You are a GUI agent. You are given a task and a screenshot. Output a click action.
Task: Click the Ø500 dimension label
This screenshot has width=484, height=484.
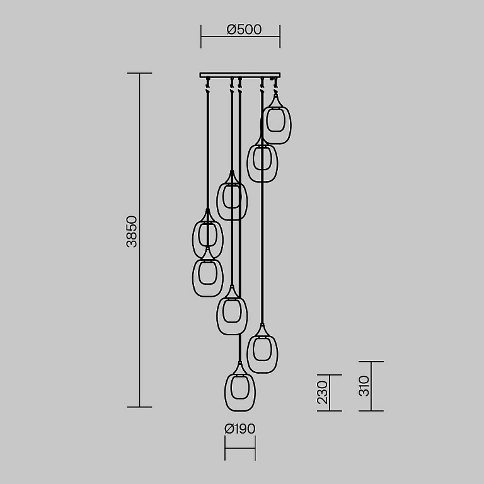[244, 30]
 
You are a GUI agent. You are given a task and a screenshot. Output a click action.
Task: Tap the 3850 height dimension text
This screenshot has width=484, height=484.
[132, 231]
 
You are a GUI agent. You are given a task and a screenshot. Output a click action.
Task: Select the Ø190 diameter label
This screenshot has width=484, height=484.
[240, 429]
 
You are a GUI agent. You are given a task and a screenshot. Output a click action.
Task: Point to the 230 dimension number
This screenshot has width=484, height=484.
[322, 393]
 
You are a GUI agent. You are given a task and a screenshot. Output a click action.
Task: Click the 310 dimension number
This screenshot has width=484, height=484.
[364, 386]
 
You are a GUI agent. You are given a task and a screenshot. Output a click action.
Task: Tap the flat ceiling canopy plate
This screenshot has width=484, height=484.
[240, 75]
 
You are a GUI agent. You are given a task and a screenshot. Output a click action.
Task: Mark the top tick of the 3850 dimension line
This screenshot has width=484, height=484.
[139, 73]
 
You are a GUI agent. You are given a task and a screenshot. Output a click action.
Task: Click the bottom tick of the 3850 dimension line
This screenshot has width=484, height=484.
[139, 407]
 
